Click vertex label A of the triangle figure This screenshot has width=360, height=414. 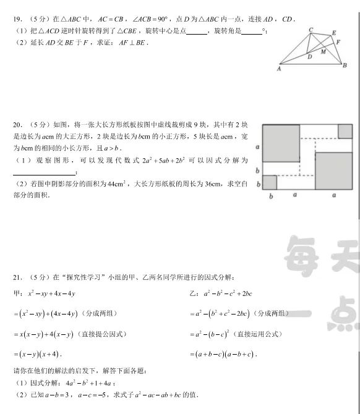[280, 69]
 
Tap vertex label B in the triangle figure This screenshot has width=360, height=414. [345, 65]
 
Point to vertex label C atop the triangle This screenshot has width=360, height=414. [311, 30]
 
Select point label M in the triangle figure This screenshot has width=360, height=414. [323, 52]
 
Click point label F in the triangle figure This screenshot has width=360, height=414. [337, 43]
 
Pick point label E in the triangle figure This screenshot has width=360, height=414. [334, 33]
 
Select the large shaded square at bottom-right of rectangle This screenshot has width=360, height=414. [333, 170]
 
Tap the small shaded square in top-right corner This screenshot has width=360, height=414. [345, 131]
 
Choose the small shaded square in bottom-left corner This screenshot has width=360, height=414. [269, 182]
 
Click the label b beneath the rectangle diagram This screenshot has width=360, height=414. [270, 196]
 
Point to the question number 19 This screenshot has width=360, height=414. [17, 19]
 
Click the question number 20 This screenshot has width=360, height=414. [17, 125]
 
